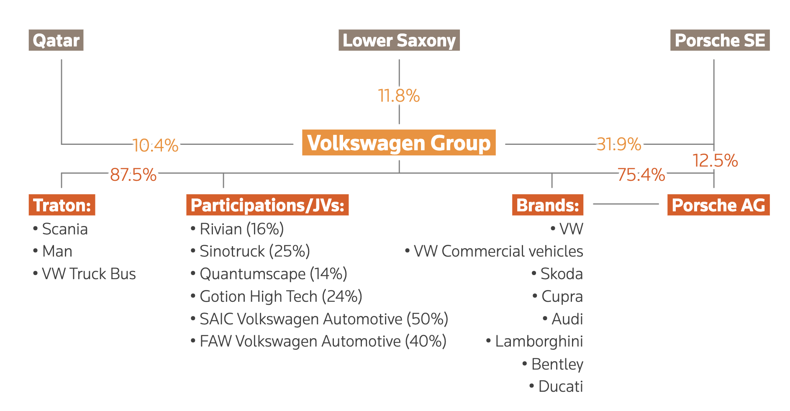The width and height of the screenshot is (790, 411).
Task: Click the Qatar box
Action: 56,40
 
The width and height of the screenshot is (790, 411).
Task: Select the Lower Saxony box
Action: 399,40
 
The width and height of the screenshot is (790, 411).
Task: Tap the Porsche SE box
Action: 720,40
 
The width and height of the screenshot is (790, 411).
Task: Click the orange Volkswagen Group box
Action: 399,143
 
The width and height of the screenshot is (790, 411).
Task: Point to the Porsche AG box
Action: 718,205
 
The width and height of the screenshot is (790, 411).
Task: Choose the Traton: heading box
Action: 62,205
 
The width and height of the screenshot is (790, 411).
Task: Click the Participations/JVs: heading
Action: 267,205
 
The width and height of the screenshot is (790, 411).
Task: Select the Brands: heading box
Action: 547,205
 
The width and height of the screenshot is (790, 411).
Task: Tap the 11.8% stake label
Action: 399,96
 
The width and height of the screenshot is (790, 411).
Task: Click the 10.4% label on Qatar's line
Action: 156,146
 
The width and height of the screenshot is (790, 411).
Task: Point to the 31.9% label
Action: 619,144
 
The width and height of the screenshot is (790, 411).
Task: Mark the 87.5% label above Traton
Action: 133,175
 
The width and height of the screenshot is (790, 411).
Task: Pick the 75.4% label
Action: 641,175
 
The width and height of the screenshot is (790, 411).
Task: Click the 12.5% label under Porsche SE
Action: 715,161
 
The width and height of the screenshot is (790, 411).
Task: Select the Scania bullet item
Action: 60,229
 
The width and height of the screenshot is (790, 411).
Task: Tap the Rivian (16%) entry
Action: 237,229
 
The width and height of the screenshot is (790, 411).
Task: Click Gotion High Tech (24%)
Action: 276,296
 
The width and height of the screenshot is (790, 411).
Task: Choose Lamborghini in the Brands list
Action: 534,342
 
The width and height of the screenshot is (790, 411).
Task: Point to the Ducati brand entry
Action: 556,386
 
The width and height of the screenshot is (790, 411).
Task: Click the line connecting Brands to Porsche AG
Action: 626,204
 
